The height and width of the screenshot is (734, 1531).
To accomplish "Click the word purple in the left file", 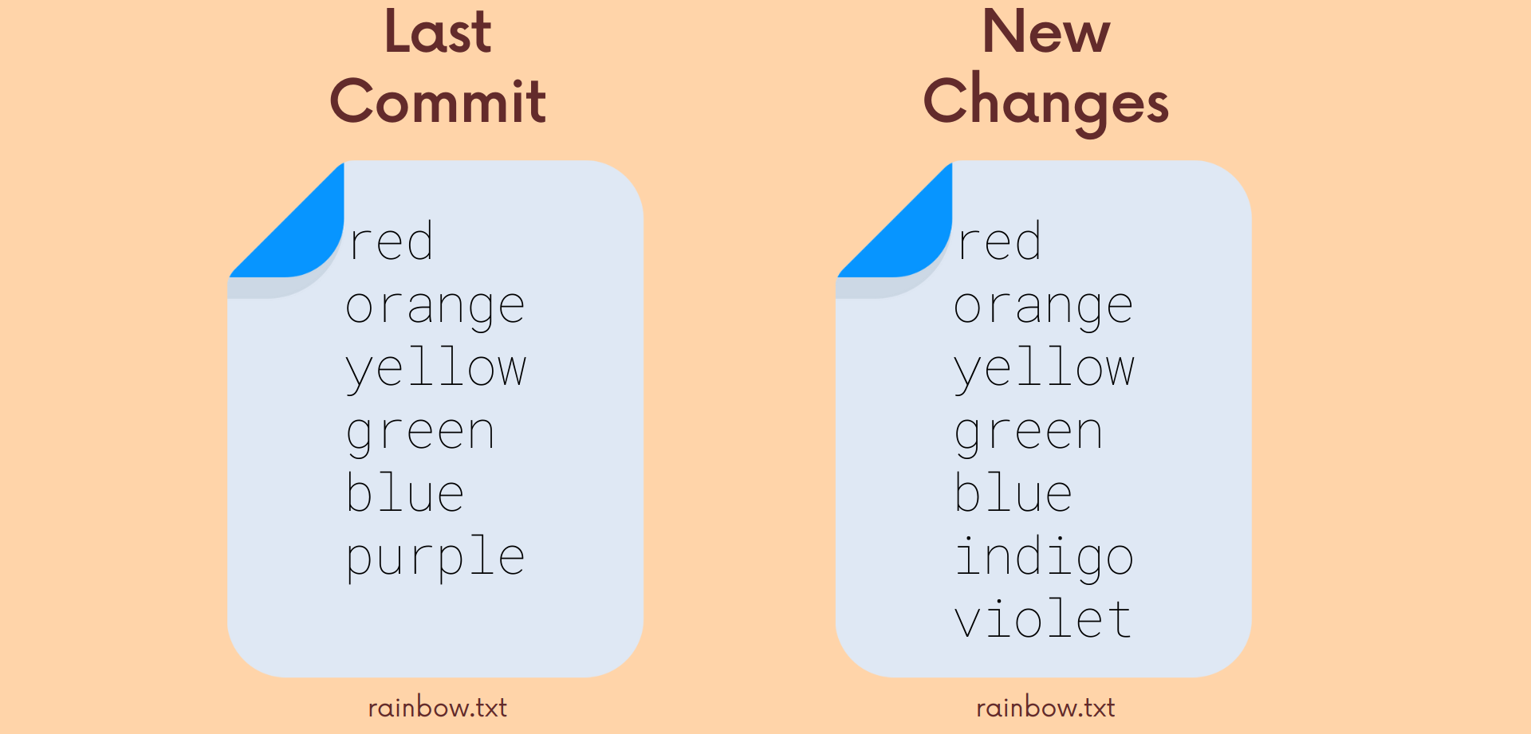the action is (435, 558).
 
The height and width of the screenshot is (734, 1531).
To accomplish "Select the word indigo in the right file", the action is (1044, 558).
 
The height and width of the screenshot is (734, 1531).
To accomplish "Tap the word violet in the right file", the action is (1042, 618).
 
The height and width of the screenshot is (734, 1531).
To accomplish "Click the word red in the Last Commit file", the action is (392, 241).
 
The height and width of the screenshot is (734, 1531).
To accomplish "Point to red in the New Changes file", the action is (1000, 241).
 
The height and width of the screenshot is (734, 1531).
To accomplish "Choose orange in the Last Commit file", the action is (435, 308).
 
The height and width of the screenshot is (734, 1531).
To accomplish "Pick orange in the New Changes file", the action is (1044, 308).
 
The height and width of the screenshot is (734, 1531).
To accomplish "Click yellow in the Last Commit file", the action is (436, 369).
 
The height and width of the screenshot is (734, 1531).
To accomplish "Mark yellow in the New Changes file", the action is (1045, 369).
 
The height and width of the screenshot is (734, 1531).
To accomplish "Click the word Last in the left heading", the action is (438, 32).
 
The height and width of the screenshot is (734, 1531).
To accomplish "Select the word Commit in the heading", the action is (438, 101).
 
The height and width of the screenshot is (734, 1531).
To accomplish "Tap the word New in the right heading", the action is (1046, 32).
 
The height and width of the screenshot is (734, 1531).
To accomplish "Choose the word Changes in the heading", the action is (1046, 104).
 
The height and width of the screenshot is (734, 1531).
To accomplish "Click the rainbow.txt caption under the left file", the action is (438, 708).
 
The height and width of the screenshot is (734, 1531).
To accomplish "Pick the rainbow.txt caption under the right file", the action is (1046, 708).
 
